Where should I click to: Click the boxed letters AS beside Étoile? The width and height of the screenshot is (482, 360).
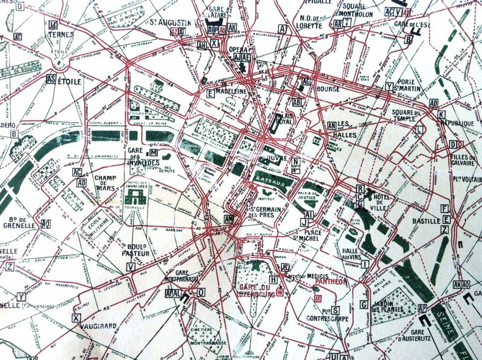coord(51,79)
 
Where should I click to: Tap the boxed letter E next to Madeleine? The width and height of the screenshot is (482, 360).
coord(210,93)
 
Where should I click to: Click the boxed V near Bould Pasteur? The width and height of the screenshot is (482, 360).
coord(130,266)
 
